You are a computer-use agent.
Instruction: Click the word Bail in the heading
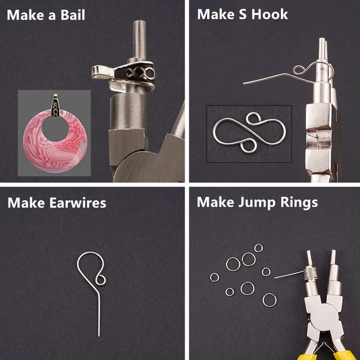coord(73,15)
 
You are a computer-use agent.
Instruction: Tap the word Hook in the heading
coord(269,14)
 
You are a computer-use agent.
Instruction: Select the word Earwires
coord(78,203)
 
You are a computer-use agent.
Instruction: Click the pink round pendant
coord(55,147)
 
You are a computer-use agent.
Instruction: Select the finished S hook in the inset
coord(250,133)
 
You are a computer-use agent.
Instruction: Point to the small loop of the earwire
coord(101,280)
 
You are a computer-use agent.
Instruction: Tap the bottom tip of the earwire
coord(99,337)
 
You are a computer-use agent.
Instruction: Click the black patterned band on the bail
coord(136,73)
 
